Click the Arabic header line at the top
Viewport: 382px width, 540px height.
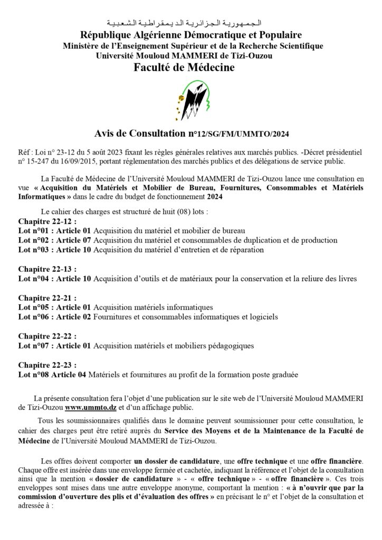pos(190,24)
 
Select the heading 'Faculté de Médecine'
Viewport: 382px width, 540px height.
pos(190,67)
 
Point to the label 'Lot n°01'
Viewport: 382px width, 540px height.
pos(34,230)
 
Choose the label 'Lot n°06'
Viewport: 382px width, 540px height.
pos(34,316)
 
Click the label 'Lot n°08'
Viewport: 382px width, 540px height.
pos(34,374)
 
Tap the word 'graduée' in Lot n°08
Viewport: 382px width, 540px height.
pos(284,374)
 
